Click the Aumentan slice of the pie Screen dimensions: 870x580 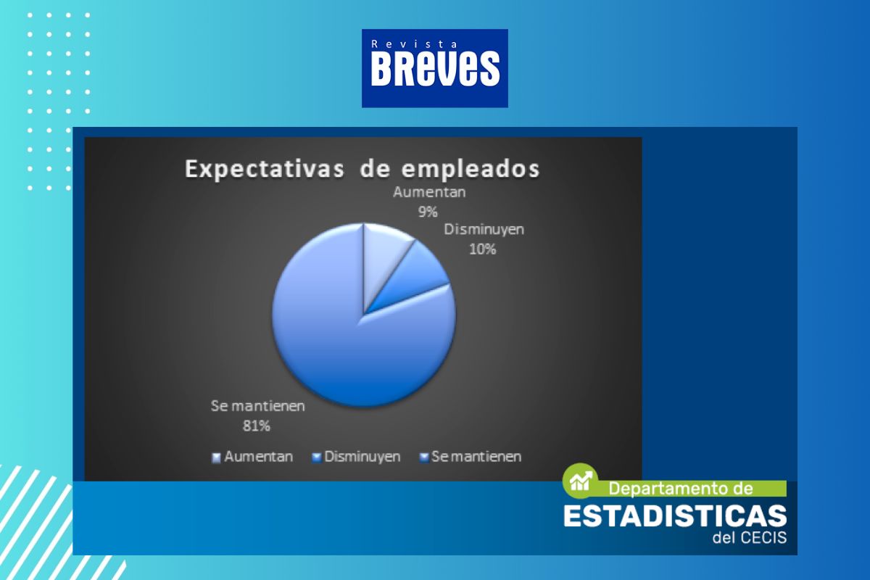click(x=384, y=257)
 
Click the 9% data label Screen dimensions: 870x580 click(x=428, y=212)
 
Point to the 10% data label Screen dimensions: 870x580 click(x=483, y=249)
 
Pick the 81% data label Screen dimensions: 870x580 click(x=257, y=426)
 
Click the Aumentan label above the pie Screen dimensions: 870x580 click(x=429, y=192)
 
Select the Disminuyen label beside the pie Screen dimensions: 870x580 click(x=484, y=230)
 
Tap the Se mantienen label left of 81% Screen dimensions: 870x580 click(x=257, y=406)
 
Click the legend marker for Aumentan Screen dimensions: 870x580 click(x=216, y=457)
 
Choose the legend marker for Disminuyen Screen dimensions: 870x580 click(x=317, y=457)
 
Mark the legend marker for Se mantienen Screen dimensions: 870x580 click(x=424, y=457)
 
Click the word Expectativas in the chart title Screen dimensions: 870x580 click(x=265, y=169)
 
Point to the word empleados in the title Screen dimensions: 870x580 click(x=471, y=169)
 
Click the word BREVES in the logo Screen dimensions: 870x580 click(x=435, y=69)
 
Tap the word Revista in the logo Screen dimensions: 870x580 click(x=414, y=44)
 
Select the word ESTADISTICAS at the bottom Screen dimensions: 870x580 click(x=675, y=516)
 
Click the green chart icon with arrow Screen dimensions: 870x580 click(x=581, y=481)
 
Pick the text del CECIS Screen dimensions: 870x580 click(x=750, y=537)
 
